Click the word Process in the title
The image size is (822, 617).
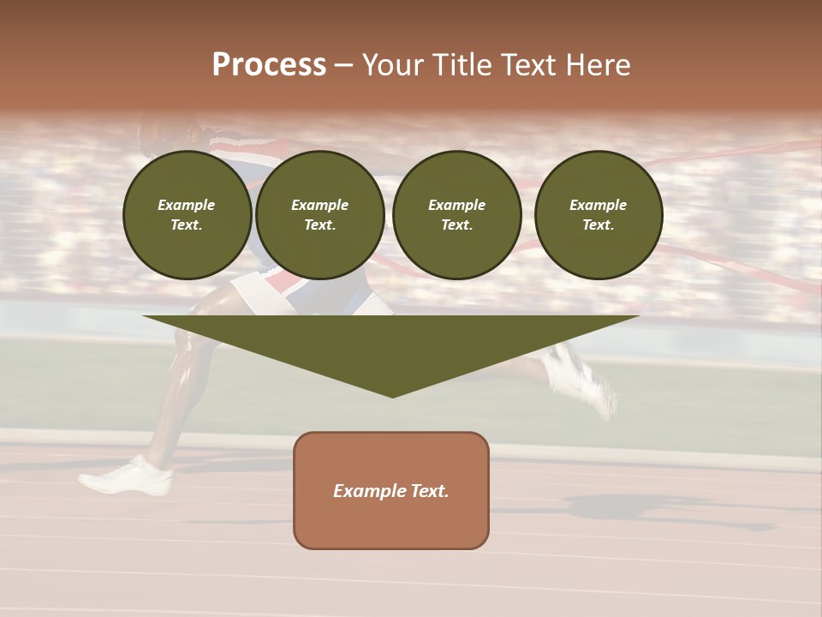pyautogui.click(x=269, y=65)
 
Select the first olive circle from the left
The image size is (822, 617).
pyautogui.click(x=188, y=215)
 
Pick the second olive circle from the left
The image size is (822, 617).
pyautogui.click(x=320, y=215)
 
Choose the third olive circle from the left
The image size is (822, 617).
pyautogui.click(x=457, y=215)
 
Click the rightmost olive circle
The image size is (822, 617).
pyautogui.click(x=599, y=215)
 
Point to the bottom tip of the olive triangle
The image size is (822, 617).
pyautogui.click(x=392, y=396)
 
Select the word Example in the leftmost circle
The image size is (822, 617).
pyautogui.click(x=187, y=205)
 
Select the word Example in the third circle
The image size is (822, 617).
pyautogui.click(x=456, y=205)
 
